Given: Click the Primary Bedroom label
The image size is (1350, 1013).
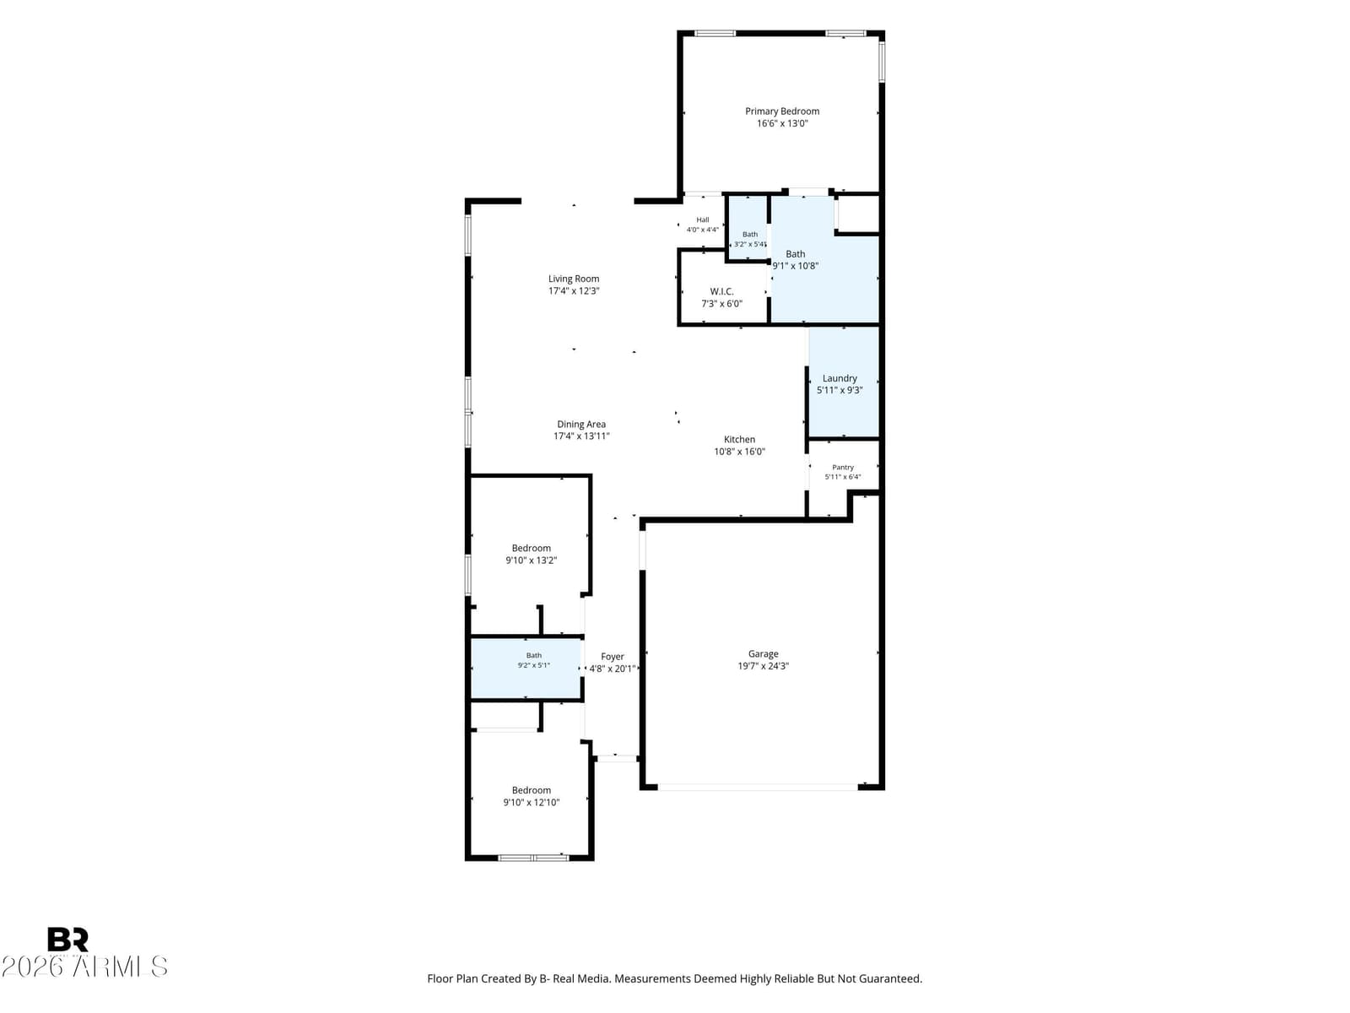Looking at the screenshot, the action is (x=781, y=111).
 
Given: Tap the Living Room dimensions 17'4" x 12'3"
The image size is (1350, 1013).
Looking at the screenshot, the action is (x=573, y=291).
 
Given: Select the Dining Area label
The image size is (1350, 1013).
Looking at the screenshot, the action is (x=581, y=425).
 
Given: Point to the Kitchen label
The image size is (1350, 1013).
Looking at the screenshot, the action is (x=739, y=439).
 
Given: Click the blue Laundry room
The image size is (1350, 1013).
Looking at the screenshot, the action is (x=843, y=382).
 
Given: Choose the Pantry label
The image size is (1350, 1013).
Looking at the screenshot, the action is (x=843, y=468).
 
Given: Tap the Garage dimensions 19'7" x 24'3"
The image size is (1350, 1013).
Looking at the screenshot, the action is (x=764, y=666).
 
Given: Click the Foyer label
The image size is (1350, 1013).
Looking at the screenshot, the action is (x=612, y=657).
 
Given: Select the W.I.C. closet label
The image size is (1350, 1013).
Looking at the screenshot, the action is (x=721, y=291).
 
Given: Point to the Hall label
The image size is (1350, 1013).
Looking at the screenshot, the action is (x=702, y=219).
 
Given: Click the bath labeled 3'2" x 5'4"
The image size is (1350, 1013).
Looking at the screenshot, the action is (x=748, y=228).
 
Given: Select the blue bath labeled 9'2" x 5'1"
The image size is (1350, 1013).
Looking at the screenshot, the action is (x=526, y=669).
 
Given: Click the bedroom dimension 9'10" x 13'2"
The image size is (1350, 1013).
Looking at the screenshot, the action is (x=531, y=561).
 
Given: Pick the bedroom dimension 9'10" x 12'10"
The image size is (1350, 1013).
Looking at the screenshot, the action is (x=531, y=803).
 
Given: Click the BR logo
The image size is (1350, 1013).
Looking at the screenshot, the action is (x=67, y=940).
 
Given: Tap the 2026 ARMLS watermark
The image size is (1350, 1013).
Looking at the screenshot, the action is (x=84, y=967).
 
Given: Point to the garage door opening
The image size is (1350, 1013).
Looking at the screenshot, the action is (x=758, y=788).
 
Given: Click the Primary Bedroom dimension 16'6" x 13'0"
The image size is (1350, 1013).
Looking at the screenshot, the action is (x=781, y=123).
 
